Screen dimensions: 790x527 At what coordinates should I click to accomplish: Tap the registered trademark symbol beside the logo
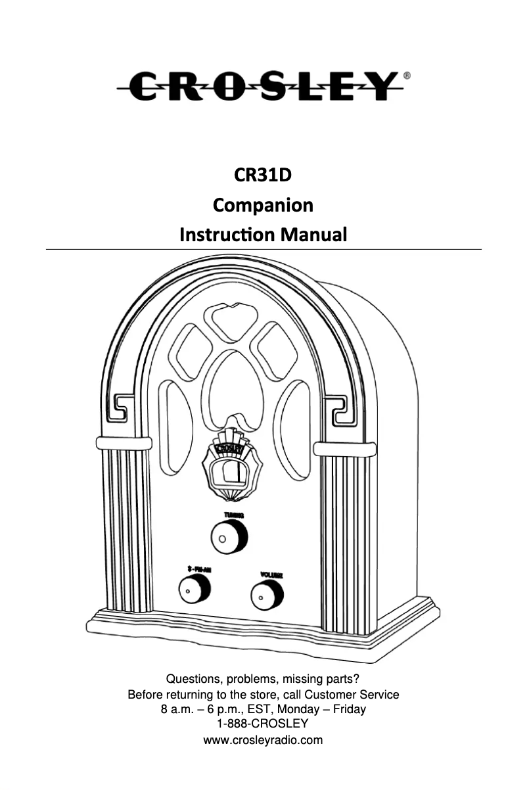407,76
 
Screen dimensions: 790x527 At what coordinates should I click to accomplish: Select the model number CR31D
263,176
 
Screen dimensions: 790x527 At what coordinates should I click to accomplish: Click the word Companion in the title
263,206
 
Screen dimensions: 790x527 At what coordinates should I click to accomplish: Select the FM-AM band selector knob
193,590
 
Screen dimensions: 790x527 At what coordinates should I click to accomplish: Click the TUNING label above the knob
234,515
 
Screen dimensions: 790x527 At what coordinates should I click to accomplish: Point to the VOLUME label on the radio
271,574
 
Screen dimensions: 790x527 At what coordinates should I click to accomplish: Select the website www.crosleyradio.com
263,741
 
